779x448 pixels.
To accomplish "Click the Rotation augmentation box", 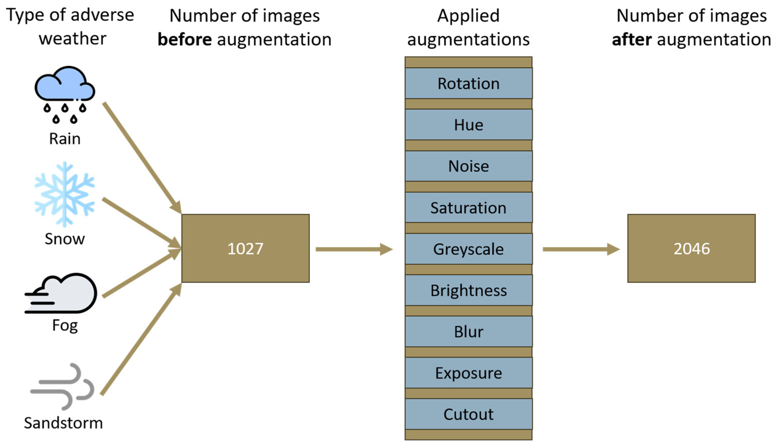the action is [468, 83].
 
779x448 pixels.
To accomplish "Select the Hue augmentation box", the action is [468, 125].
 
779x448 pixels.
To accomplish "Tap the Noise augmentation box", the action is [468, 166].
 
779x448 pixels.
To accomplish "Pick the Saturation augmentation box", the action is [468, 207].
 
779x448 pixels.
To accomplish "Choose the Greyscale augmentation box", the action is [468, 249].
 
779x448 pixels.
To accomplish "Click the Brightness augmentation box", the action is [468, 290].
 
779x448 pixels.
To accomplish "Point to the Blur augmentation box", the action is [468, 332].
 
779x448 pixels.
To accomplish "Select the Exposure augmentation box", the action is [468, 373].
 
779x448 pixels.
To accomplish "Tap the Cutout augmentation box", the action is [468, 414].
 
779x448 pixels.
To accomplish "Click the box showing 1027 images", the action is [245, 248].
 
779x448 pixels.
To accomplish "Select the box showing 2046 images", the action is [691, 248].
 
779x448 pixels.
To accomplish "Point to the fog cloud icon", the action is [61, 293].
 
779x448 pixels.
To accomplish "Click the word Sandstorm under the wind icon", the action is [63, 423].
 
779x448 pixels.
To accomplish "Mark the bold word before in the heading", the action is [185, 39].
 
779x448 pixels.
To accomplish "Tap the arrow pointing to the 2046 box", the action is [581, 249].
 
